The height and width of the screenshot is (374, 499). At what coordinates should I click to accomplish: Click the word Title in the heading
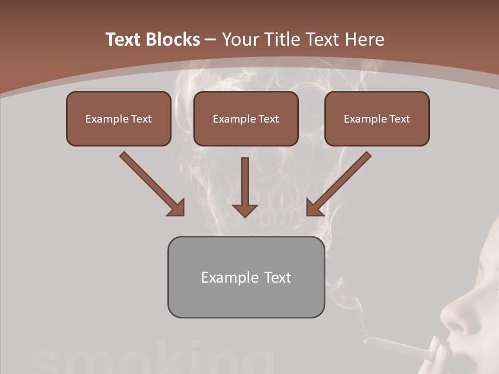(x=280, y=39)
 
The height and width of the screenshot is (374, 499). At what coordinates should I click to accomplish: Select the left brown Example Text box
(x=119, y=118)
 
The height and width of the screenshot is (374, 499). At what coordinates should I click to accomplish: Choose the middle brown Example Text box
(x=246, y=118)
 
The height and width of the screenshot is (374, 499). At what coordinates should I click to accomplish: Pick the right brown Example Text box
(x=377, y=118)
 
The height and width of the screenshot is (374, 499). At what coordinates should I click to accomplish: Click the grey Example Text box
(x=246, y=277)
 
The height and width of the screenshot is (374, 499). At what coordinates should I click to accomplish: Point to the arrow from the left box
(x=151, y=182)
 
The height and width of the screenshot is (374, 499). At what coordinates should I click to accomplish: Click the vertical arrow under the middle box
(x=245, y=187)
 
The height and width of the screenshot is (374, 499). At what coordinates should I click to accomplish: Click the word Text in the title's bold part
(x=124, y=39)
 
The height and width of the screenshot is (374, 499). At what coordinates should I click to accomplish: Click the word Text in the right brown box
(x=399, y=118)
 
